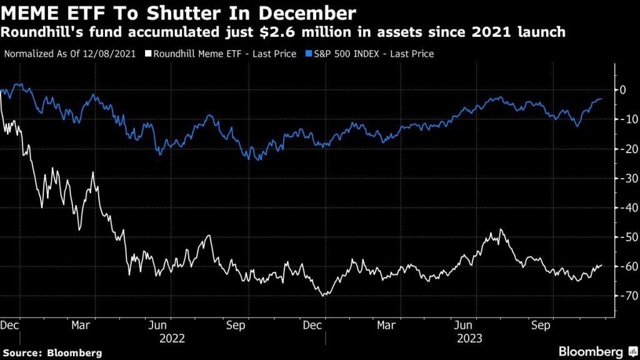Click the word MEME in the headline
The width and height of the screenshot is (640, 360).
31,12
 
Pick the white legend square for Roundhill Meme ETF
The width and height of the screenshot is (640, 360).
148,54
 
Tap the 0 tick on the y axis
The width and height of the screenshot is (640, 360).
622,90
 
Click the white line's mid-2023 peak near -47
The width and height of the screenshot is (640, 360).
501,229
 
